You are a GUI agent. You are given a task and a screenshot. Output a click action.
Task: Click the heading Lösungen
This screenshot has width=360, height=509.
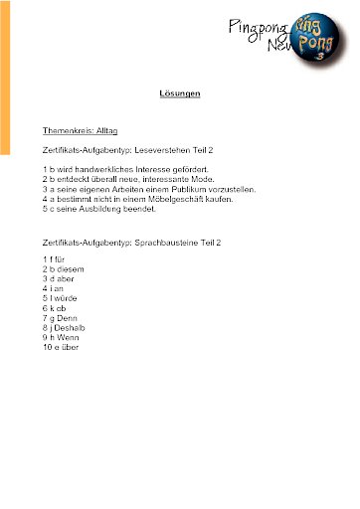click(180, 93)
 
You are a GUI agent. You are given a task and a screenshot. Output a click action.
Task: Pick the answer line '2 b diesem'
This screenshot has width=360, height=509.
click(64, 270)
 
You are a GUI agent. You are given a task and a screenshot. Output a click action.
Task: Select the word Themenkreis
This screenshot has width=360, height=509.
click(65, 130)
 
